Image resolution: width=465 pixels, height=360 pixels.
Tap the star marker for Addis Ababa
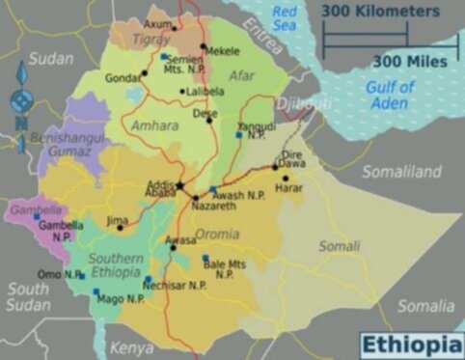(179, 184)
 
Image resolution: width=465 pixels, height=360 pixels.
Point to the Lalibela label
(203, 92)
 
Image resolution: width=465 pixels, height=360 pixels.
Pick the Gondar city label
(123, 76)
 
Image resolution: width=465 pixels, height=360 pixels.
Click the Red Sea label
(286, 16)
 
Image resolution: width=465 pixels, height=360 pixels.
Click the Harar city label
(289, 188)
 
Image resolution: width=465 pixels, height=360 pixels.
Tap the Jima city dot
(121, 228)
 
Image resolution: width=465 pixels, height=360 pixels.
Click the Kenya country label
(131, 347)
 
